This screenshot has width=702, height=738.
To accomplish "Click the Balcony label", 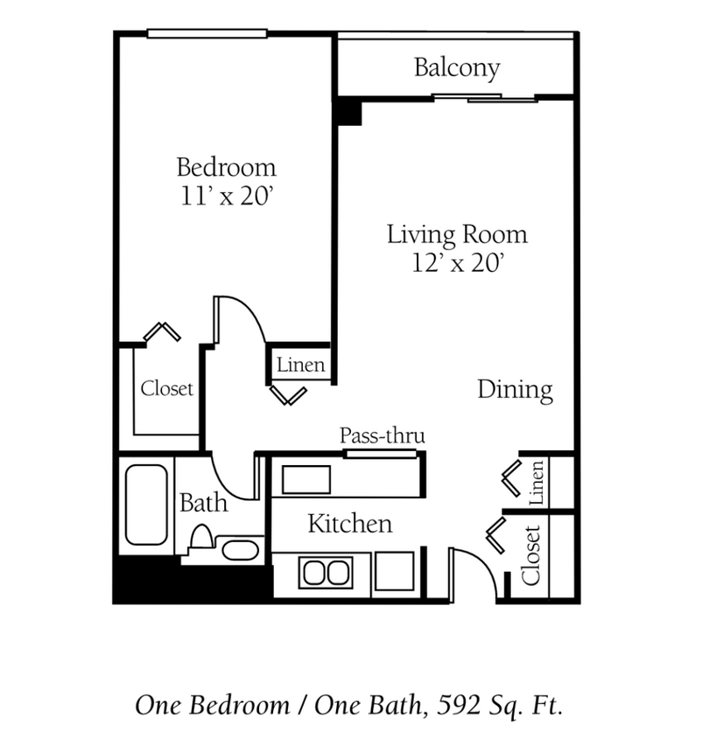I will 457,68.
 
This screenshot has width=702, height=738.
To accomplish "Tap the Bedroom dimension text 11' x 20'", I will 227,196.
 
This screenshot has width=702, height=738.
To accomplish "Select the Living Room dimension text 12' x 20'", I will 457,263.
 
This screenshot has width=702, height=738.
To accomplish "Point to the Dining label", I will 515,390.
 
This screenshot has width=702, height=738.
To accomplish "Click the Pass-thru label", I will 382,435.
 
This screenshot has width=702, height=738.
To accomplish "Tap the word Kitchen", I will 349,524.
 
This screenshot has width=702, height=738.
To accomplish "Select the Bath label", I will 203,503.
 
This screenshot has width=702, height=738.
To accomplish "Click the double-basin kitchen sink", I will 325,573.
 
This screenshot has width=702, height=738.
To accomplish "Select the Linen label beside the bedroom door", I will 301,366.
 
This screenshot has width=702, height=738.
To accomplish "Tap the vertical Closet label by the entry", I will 530,555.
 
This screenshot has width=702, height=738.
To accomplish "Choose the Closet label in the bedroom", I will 166,388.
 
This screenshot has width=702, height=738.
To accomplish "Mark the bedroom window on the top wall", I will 207,34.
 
